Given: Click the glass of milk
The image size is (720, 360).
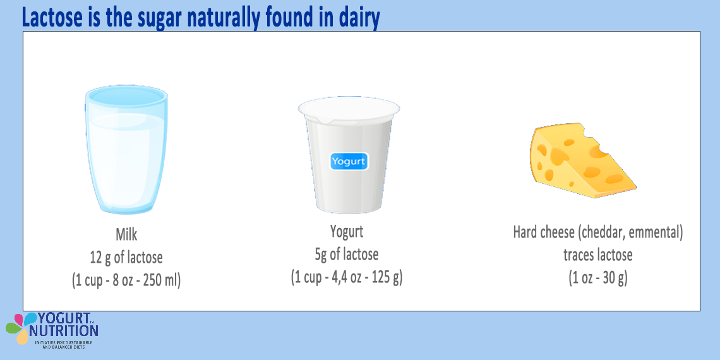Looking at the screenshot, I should (126, 152).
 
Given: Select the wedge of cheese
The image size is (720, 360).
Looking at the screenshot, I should (581, 162).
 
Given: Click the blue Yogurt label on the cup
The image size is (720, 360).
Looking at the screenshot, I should (348, 161).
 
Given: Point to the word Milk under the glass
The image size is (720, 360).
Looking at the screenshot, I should (126, 235).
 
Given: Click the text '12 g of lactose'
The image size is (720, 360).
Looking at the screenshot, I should (126, 257).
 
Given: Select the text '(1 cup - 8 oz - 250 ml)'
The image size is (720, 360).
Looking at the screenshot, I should (126, 280).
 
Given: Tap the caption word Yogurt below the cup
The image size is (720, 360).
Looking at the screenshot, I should (347, 231).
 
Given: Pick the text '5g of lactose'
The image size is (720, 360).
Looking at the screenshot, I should (347, 254).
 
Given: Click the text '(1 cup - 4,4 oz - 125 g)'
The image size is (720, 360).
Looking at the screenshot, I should (347, 277).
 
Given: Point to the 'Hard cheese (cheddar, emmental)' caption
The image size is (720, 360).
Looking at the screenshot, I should (598, 232).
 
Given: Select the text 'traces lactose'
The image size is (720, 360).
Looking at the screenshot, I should (598, 255).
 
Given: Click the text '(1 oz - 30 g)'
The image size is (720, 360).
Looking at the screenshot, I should (598, 278).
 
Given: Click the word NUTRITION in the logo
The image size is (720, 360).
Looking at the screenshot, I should (63, 330).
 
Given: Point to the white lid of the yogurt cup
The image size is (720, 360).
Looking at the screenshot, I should (349, 112).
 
